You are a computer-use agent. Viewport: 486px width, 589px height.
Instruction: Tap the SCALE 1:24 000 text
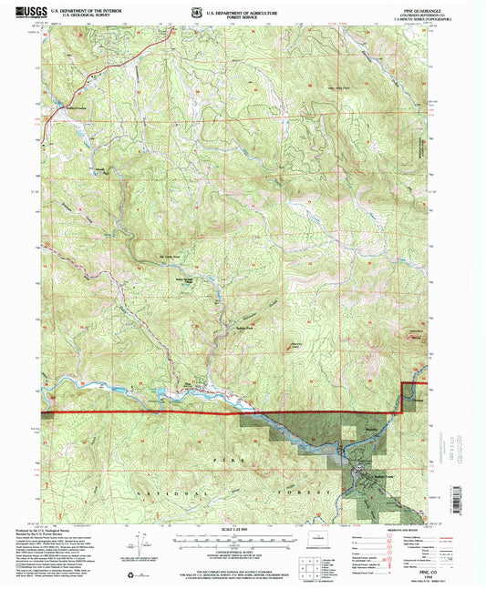point(241,530)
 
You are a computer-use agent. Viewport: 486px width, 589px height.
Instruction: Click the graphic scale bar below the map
point(241,539)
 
